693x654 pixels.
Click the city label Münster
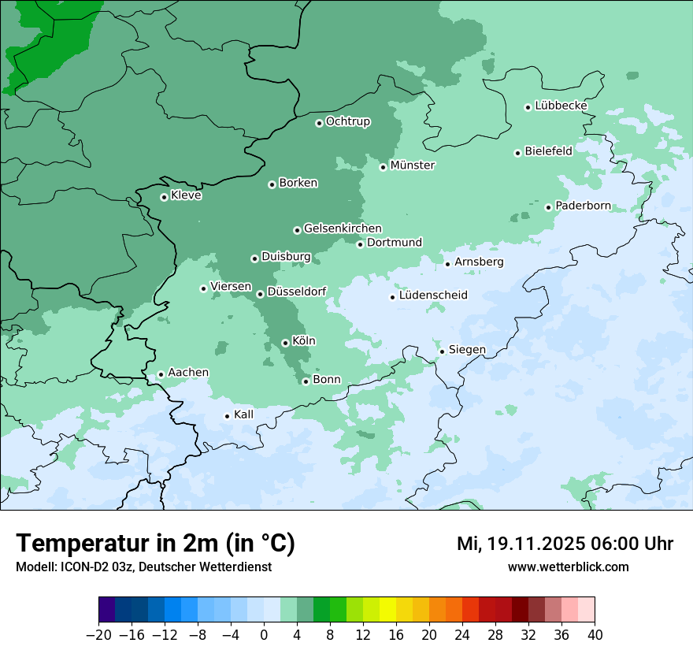413,165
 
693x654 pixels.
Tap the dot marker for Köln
285,343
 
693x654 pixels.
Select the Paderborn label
583,206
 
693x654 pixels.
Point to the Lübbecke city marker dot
528,107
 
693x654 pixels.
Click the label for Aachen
188,373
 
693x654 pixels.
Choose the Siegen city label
467,350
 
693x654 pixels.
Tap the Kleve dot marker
164,197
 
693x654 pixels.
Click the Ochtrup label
348,121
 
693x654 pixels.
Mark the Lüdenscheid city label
433,295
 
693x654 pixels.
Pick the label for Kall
244,414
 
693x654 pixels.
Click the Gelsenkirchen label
343,229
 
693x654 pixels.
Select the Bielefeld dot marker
518,153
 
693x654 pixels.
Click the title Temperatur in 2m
156,544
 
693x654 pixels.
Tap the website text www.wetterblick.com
569,567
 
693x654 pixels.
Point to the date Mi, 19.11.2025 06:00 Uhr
565,544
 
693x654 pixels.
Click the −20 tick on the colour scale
99,635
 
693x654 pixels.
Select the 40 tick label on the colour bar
595,635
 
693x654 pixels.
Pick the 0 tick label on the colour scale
264,635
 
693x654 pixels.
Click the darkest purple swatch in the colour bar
107,609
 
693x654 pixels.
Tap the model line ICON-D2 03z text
143,567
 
